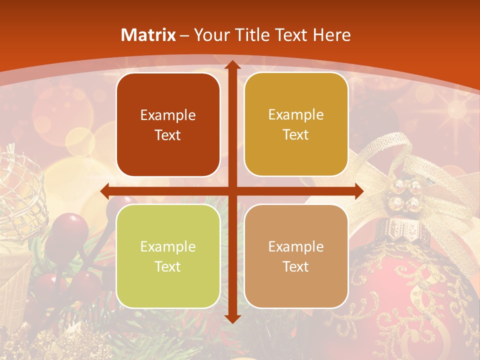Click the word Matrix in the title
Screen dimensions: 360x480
click(x=148, y=35)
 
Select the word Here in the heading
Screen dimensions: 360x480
click(x=331, y=35)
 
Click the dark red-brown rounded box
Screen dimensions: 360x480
click(x=168, y=124)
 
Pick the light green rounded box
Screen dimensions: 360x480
click(x=168, y=256)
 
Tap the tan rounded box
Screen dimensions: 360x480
click(x=296, y=256)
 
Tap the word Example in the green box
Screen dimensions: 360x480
click(x=168, y=246)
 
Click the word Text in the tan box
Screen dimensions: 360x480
click(x=296, y=266)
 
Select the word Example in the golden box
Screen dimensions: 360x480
click(x=296, y=114)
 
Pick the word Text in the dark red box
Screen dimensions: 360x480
click(x=168, y=135)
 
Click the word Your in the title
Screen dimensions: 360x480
click(x=209, y=35)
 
